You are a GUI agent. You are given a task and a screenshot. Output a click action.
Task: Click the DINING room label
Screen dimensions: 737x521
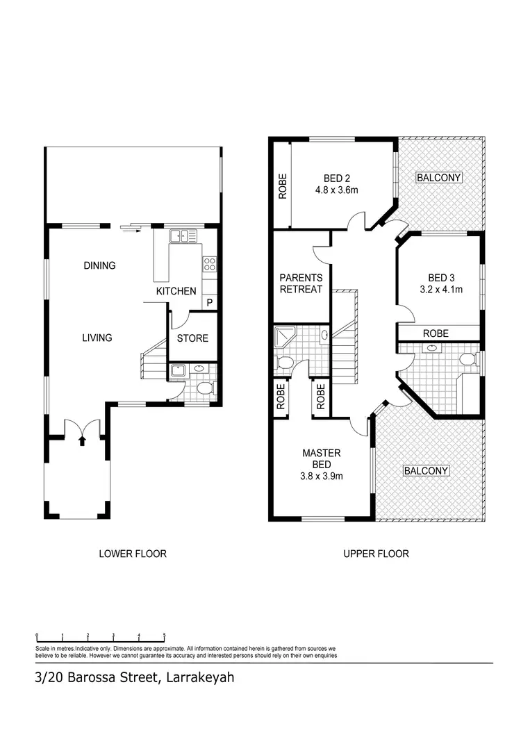point(99,265)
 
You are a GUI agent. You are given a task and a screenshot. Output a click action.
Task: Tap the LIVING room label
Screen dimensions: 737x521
point(97,338)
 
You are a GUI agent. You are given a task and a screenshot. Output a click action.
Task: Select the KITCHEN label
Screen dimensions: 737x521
point(176,291)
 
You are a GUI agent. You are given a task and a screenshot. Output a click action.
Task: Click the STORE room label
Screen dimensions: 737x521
point(192,338)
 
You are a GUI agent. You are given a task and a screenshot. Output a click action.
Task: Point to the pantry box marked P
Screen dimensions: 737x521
point(209,303)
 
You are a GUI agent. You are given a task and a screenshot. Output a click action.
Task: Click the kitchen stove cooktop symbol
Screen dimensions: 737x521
point(209,263)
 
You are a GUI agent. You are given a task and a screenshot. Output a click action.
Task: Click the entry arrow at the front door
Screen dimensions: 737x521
point(82,440)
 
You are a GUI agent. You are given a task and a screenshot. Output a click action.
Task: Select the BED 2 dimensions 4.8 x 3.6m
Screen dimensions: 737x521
point(336,189)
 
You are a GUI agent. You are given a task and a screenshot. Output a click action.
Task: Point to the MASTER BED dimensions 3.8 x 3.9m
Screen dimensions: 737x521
point(321,476)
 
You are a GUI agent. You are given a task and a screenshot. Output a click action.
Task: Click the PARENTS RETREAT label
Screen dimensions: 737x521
point(301,283)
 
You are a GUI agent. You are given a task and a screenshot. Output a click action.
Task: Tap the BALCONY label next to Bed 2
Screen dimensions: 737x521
point(439,178)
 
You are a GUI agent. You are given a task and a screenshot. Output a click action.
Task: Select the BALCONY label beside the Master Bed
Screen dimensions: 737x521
point(427,471)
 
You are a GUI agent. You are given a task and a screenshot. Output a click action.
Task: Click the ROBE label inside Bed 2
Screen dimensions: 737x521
point(283,186)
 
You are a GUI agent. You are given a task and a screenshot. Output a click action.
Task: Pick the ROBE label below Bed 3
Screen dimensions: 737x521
point(436,333)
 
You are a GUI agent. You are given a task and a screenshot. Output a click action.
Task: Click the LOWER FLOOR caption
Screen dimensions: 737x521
point(133,554)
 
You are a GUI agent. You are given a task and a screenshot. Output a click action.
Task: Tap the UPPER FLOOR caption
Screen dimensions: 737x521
point(376,554)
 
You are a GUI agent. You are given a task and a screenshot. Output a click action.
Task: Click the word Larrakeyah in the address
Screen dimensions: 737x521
point(197,677)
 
